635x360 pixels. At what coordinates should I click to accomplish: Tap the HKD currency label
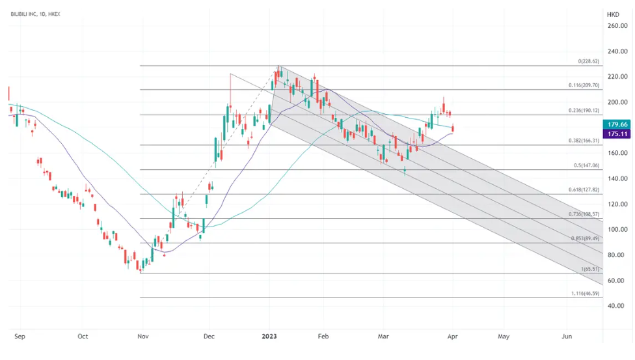[x=613, y=14]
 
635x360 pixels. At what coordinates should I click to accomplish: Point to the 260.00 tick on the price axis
[x=617, y=26]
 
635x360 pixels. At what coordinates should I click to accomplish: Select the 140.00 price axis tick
[x=617, y=178]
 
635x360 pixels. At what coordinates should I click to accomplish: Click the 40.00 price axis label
[x=617, y=306]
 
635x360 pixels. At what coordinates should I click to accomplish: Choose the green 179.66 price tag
[x=617, y=124]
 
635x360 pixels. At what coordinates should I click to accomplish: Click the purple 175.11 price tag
[x=617, y=133]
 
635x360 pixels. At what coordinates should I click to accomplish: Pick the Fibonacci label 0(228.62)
[x=588, y=62]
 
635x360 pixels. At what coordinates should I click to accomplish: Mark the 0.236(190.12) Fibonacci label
[x=583, y=111]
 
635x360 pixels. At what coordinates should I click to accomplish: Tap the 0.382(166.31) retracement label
[x=583, y=141]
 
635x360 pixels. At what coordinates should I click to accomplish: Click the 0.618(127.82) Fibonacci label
[x=583, y=190]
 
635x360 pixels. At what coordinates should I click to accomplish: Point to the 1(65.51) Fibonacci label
[x=589, y=269]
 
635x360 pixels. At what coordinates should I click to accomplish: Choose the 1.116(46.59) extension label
[x=584, y=294]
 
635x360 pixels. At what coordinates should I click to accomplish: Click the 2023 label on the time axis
[x=269, y=337]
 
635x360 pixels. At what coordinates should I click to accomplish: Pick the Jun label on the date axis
[x=567, y=337]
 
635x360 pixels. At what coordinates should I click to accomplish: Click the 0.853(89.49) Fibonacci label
[x=584, y=239]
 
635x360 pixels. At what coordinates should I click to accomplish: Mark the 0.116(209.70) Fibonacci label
[x=583, y=86]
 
